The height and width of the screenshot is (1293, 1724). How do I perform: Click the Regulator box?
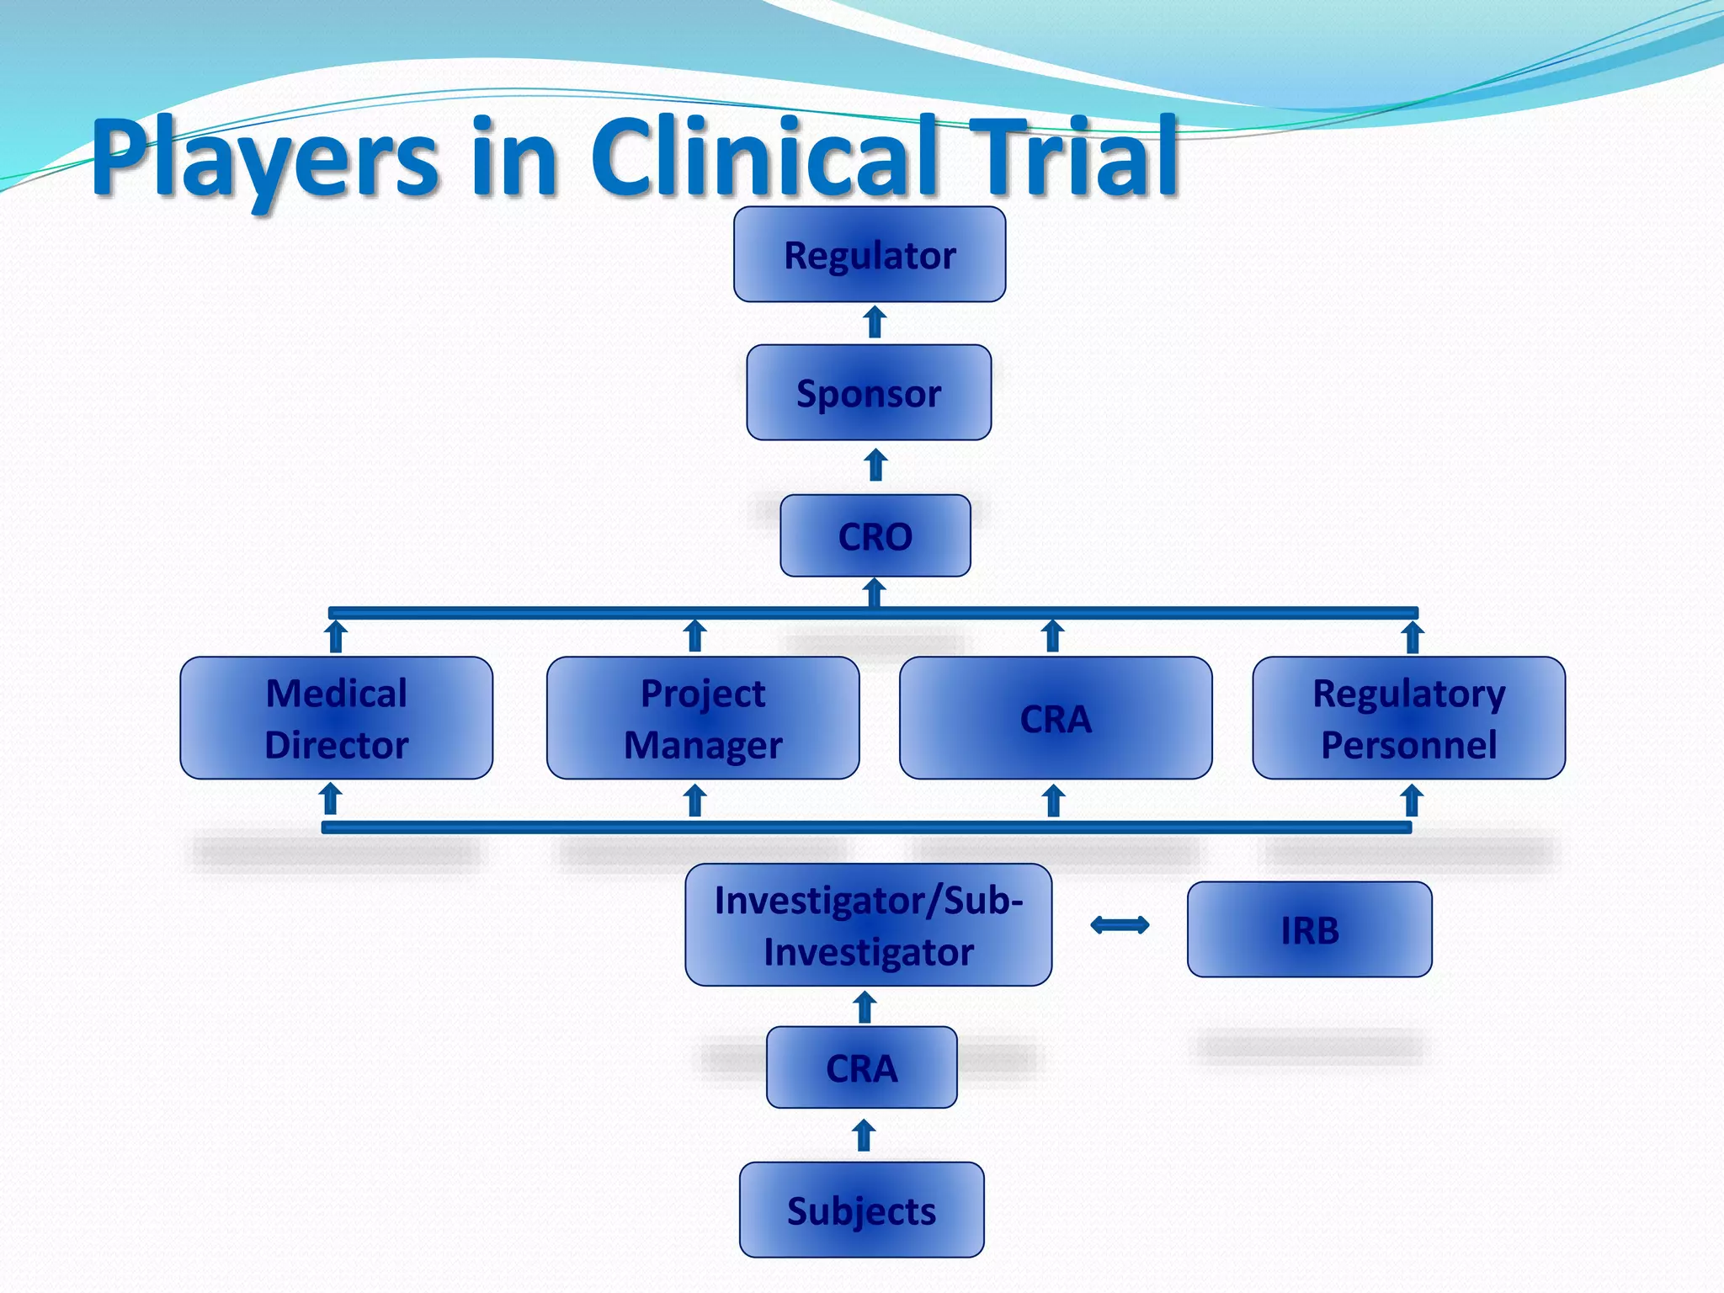point(870,254)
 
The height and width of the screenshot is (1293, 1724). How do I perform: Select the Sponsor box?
point(869,392)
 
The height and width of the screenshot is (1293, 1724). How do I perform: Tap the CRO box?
point(875,535)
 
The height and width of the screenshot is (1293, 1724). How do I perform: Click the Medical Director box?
point(336,718)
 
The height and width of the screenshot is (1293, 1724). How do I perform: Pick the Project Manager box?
point(703,718)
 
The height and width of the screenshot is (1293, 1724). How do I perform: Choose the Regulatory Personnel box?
point(1408,718)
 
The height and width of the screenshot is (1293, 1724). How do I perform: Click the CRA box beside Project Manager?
point(1056,718)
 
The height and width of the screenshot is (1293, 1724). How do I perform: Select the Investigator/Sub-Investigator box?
point(868,925)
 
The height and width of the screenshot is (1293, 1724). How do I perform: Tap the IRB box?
point(1309,929)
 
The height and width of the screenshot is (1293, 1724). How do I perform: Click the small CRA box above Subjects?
point(861,1067)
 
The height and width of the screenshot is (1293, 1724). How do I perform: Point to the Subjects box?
point(861,1210)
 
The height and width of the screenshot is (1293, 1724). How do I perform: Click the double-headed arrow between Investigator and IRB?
point(1120,925)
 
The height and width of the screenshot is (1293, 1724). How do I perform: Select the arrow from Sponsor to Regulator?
point(875,322)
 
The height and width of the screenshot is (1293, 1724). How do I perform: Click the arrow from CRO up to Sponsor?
point(876,465)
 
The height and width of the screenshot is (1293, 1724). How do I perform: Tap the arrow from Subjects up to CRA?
point(864,1135)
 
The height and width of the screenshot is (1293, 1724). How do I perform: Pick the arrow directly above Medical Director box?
point(336,636)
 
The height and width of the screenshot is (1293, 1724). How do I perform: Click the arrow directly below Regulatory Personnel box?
point(1412,801)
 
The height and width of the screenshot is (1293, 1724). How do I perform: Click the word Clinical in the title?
point(764,157)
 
